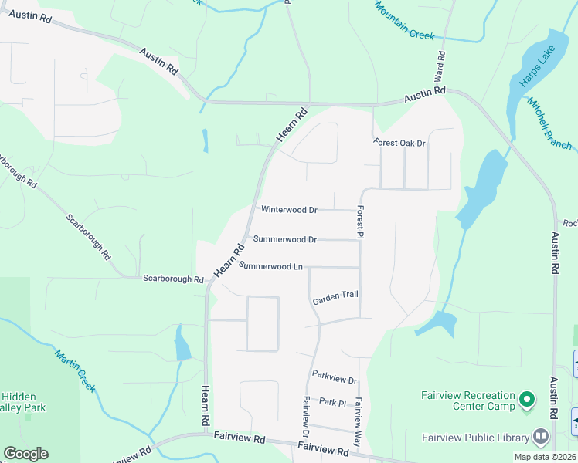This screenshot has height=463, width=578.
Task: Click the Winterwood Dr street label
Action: pyautogui.click(x=289, y=210)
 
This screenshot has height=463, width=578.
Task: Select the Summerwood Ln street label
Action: pyautogui.click(x=270, y=266)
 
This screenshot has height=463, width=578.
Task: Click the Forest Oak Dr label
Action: pyautogui.click(x=399, y=144)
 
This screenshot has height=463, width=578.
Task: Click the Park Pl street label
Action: pyautogui.click(x=333, y=402)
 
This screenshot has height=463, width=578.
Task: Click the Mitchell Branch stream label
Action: pyautogui.click(x=549, y=123)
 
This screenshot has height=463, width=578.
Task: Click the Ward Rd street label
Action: pyautogui.click(x=441, y=67)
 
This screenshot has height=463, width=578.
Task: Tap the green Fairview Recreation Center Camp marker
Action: pyautogui.click(x=527, y=400)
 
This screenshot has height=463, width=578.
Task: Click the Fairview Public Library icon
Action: pyautogui.click(x=541, y=437)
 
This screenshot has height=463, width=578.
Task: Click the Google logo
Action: pyautogui.click(x=25, y=454)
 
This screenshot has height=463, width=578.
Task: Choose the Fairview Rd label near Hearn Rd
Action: pyautogui.click(x=240, y=438)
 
